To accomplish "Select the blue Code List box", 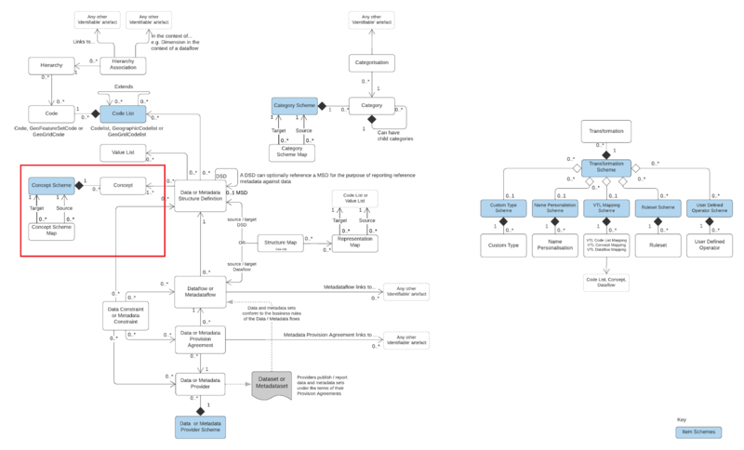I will (x=118, y=113).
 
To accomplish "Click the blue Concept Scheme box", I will (x=51, y=187).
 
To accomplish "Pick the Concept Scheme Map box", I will (x=51, y=231).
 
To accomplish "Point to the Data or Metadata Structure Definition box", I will (x=201, y=192).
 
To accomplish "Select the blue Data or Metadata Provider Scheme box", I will (x=201, y=426).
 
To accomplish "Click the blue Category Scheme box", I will (x=295, y=107).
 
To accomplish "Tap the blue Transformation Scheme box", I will (x=606, y=168).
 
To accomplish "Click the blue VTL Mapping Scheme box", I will (x=606, y=208).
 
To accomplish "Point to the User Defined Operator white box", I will (x=711, y=247).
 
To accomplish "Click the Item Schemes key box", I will (x=697, y=432).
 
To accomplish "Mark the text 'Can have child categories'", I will (x=394, y=136).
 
